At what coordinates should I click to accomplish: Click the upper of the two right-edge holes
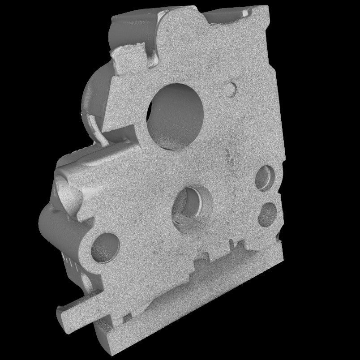tap(265, 177)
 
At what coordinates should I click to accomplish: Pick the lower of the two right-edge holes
tap(267, 214)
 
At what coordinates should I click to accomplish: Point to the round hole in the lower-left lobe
tap(105, 248)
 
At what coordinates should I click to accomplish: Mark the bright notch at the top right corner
tap(246, 13)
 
